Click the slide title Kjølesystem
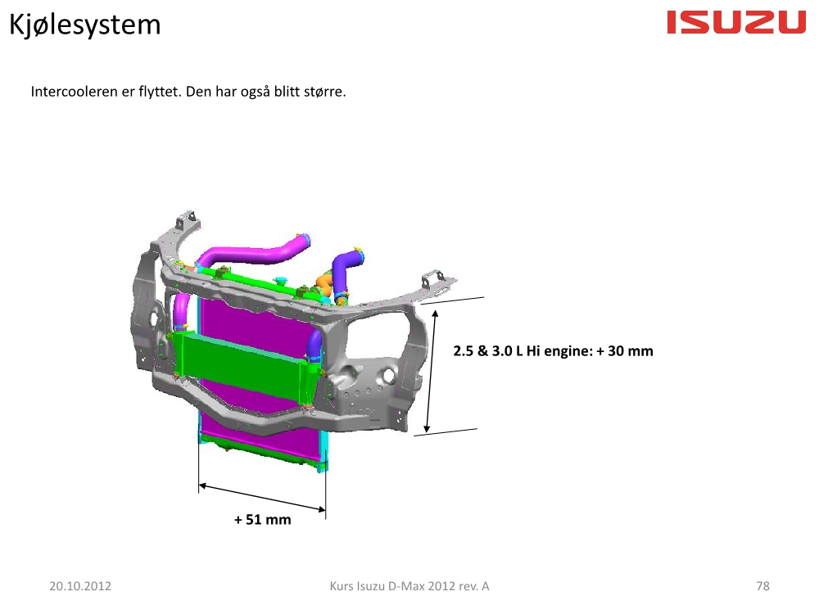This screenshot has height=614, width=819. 84,25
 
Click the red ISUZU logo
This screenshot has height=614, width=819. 736,23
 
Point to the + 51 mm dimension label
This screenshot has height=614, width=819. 262,520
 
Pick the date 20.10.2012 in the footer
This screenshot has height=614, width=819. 80,586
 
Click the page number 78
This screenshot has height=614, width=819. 762,586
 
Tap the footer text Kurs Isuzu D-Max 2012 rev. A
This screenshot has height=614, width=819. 409,586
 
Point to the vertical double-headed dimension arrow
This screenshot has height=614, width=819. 431,371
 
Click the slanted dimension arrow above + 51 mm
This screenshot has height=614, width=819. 262,498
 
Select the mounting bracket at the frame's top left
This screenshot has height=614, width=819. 187,221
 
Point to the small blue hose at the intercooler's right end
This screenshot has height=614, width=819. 314,345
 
